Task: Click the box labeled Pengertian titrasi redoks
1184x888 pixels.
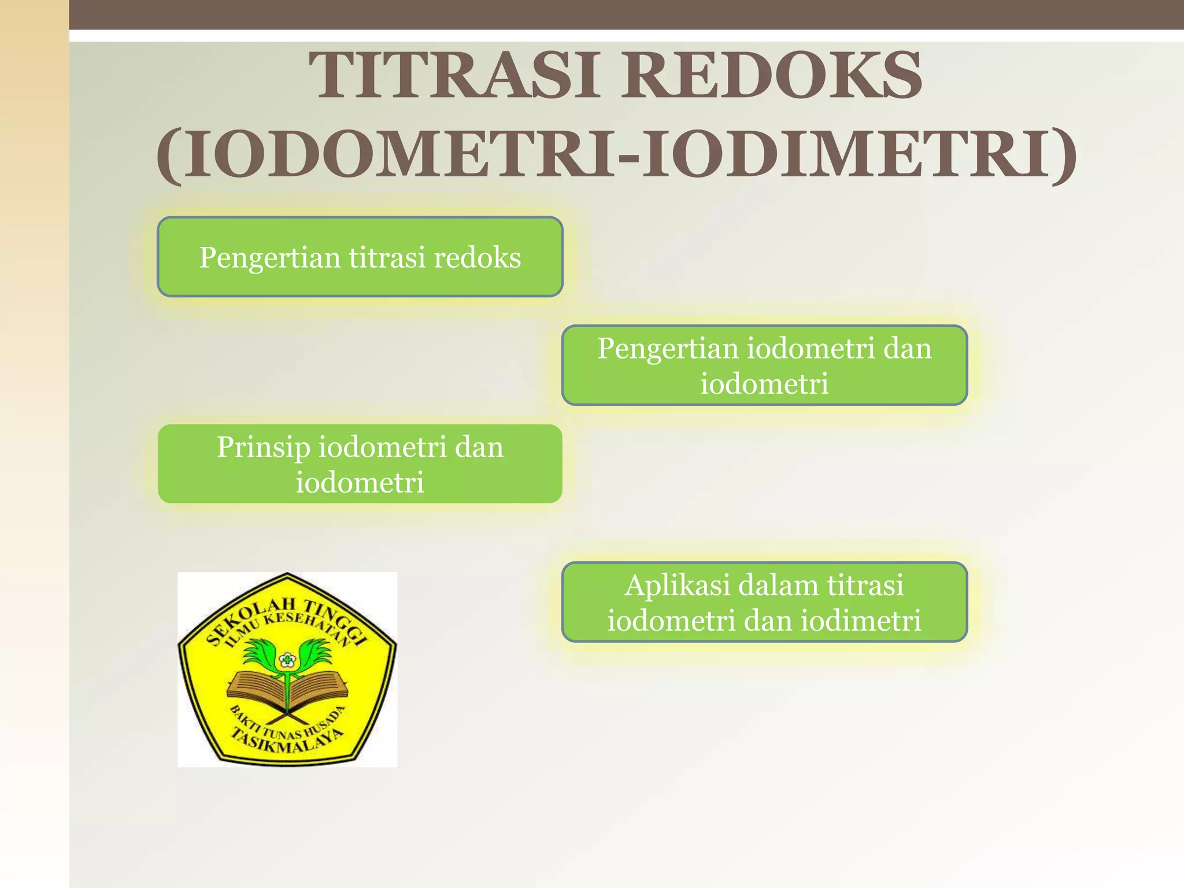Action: [x=360, y=257]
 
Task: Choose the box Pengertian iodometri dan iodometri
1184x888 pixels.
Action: [x=764, y=365]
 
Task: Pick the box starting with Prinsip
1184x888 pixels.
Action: [x=360, y=464]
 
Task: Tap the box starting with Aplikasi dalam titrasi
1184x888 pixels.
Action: [x=764, y=602]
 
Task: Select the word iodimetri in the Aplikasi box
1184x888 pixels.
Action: [x=861, y=621]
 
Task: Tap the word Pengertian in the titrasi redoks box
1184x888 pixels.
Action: [x=269, y=258]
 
